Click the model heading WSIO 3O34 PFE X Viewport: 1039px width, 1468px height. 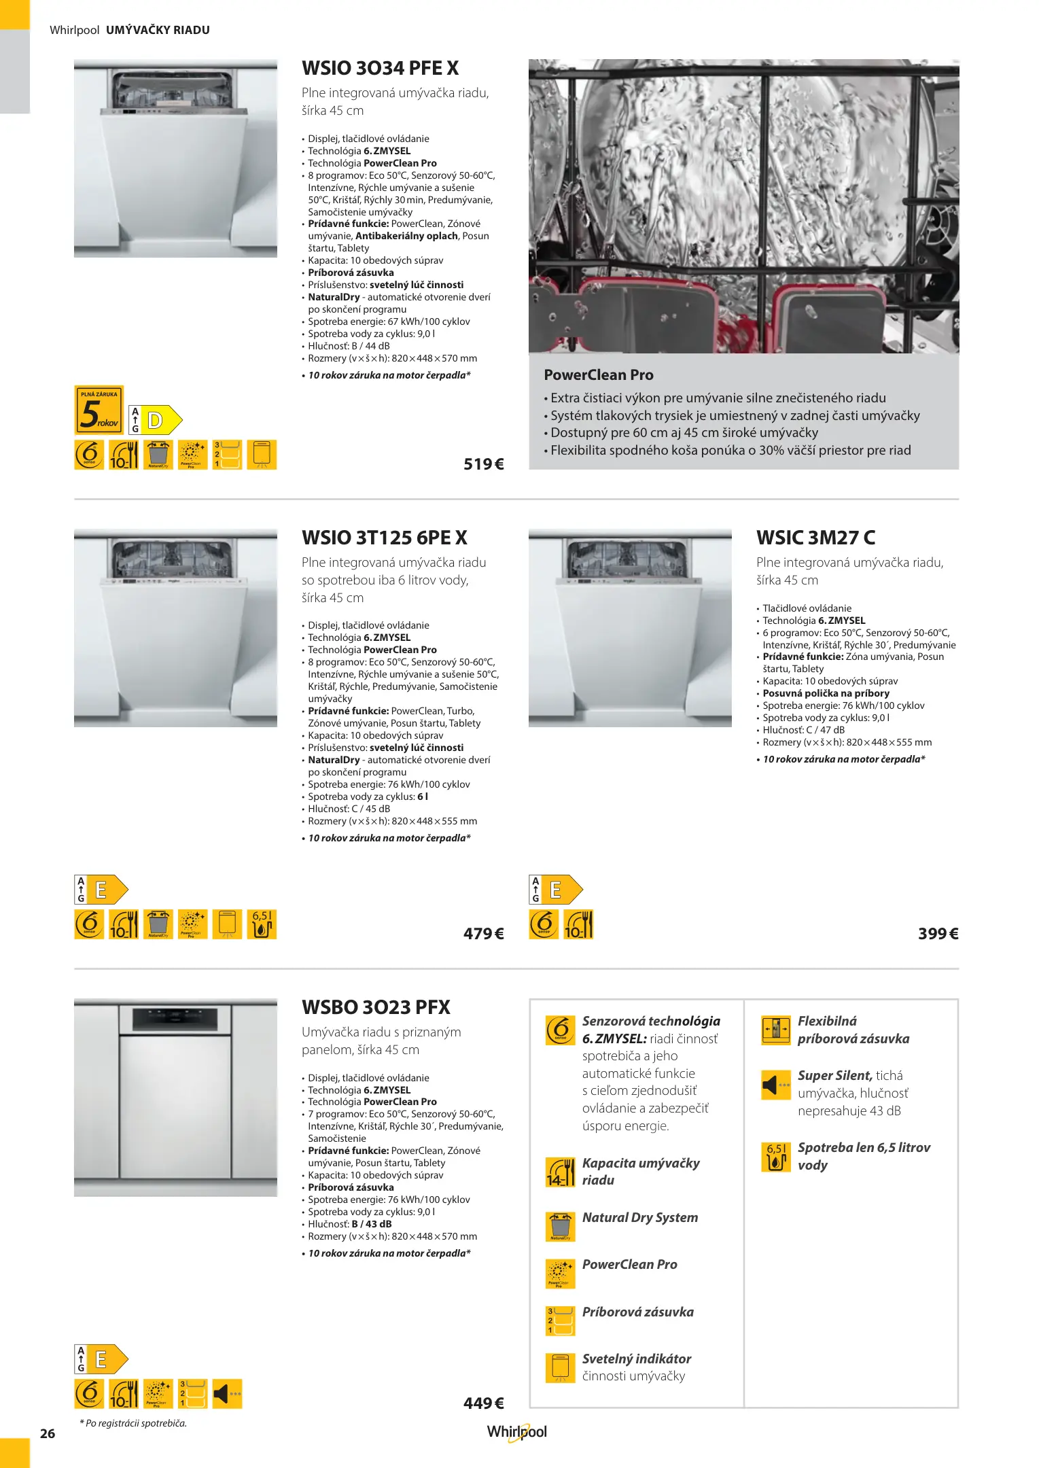(x=380, y=69)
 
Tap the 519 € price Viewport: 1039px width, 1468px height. (x=483, y=464)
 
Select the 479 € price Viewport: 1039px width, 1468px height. (x=483, y=934)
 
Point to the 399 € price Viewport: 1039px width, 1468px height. (x=938, y=934)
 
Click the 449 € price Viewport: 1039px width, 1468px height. (x=483, y=1403)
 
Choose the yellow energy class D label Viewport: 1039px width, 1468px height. (x=156, y=420)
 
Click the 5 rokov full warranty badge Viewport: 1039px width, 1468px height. (x=99, y=410)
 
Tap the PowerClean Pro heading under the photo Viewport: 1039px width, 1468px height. (x=598, y=375)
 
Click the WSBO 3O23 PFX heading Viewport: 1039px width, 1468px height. (x=376, y=1008)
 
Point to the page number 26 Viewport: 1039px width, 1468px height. (x=48, y=1434)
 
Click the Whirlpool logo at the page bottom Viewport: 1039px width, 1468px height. (x=516, y=1432)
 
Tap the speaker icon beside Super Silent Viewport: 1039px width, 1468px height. (x=775, y=1085)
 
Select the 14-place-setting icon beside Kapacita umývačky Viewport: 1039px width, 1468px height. (x=560, y=1172)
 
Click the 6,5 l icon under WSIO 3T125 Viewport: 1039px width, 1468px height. (x=262, y=925)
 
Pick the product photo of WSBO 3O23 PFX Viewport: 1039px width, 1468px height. (x=175, y=1098)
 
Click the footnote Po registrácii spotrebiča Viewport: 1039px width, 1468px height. (x=133, y=1423)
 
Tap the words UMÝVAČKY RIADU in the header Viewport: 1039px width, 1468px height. (x=158, y=30)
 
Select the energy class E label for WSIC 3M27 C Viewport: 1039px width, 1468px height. (x=556, y=890)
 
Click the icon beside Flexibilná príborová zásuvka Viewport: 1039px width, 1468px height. (x=775, y=1030)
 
